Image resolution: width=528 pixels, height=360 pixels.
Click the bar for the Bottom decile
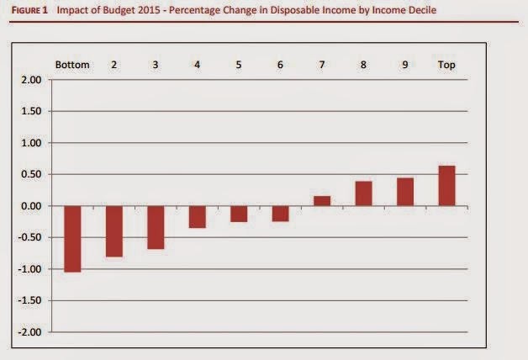(x=72, y=239)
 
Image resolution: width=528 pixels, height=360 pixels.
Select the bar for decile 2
(x=114, y=231)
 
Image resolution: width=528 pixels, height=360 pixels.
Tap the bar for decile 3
(x=156, y=227)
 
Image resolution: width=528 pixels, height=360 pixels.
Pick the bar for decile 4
(x=197, y=217)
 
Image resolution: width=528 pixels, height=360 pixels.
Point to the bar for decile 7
(x=321, y=201)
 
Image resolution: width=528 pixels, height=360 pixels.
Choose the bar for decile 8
(x=363, y=193)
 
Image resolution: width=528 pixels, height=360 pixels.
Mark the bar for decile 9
(x=404, y=192)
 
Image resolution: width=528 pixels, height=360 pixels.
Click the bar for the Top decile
(x=446, y=186)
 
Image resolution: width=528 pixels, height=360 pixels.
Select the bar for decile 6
(x=280, y=214)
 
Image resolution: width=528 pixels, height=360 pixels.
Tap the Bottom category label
(x=72, y=65)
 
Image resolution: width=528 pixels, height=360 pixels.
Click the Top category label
(x=446, y=65)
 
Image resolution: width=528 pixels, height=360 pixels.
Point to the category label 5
(x=239, y=65)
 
